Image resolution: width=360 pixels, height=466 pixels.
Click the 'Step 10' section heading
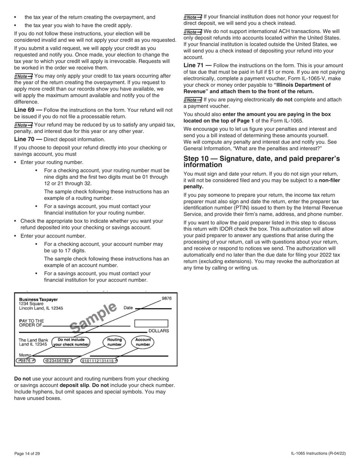pos(261,161)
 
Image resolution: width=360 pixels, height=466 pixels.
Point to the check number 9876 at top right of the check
pos(166,299)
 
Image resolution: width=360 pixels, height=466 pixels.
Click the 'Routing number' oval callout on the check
pos(114,342)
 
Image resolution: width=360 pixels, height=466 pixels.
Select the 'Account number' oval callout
pos(143,342)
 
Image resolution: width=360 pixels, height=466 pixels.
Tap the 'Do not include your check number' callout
pos(71,342)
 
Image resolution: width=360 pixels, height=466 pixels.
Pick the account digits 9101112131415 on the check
pos(99,361)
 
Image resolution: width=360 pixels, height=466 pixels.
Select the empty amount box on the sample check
pos(151,323)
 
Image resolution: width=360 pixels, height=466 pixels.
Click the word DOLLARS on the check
pos(158,331)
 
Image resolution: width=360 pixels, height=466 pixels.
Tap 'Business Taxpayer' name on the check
pos(38,299)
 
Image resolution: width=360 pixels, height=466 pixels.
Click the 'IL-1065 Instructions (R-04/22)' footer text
pos(318,453)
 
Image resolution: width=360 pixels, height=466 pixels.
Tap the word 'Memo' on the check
pos(25,355)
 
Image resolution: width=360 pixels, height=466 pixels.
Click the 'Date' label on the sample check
pos(128,308)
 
